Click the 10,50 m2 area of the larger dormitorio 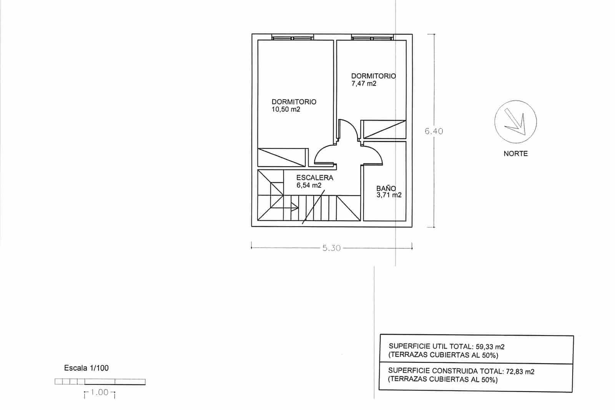tap(286, 110)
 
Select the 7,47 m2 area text tap(364, 83)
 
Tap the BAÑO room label tap(386, 188)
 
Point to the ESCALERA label tap(314, 178)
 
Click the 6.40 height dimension tap(434, 131)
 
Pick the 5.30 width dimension tap(331, 248)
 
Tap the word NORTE tap(515, 153)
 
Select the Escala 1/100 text tap(86, 368)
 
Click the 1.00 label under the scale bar tap(100, 393)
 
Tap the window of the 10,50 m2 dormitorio tap(293, 37)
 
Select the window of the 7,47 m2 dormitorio tap(372, 37)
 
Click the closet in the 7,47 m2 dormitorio tap(384, 129)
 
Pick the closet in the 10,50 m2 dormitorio tap(281, 157)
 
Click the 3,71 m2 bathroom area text tap(389, 195)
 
